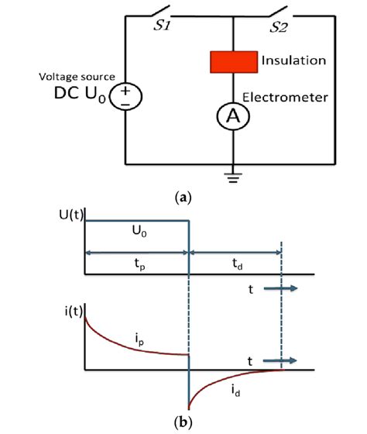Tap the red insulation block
[232, 60]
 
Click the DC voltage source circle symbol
[125, 98]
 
